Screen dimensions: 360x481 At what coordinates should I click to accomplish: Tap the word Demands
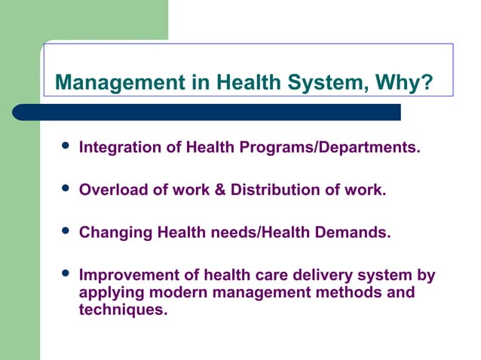(357, 233)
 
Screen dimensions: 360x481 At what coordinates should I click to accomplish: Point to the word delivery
(326, 276)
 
